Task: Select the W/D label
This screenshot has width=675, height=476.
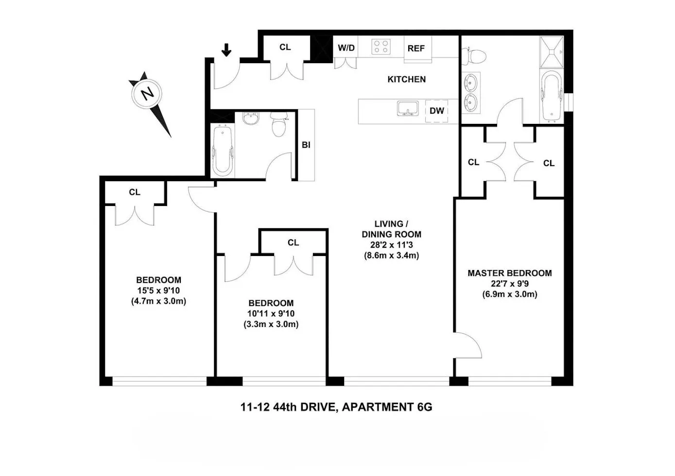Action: pyautogui.click(x=346, y=48)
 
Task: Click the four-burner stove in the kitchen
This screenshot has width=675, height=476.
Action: pyautogui.click(x=381, y=47)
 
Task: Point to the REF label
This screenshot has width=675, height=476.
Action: pyautogui.click(x=416, y=49)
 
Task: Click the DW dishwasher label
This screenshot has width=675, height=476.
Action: pyautogui.click(x=437, y=111)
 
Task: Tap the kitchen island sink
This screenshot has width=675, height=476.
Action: pyautogui.click(x=408, y=109)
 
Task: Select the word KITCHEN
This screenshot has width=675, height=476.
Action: pyautogui.click(x=406, y=79)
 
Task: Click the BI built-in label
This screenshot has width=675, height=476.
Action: pyautogui.click(x=306, y=145)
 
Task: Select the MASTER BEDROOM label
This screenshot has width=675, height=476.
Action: pyautogui.click(x=509, y=273)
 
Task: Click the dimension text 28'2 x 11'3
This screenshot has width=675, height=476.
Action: pyautogui.click(x=391, y=245)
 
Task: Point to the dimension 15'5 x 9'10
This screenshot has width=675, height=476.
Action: pyautogui.click(x=158, y=290)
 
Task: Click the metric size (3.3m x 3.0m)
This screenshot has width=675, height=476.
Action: pyautogui.click(x=271, y=324)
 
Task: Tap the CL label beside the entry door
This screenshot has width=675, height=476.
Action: pyautogui.click(x=285, y=47)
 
